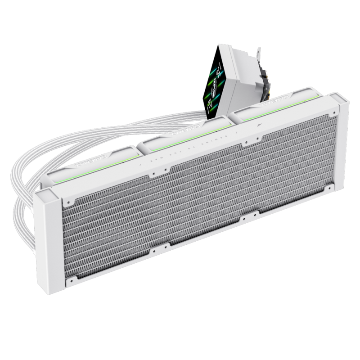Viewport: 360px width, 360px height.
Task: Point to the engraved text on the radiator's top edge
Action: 198,144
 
